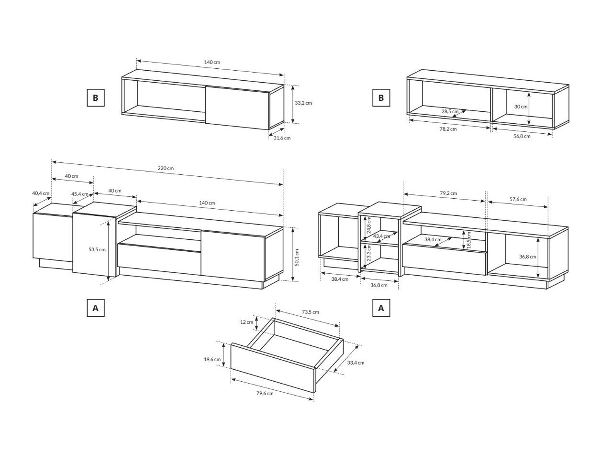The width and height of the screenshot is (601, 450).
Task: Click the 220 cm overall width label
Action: pyautogui.click(x=166, y=168)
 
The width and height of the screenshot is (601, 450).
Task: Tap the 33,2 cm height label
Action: pyautogui.click(x=303, y=103)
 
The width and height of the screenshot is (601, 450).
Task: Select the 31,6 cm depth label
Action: pyautogui.click(x=282, y=138)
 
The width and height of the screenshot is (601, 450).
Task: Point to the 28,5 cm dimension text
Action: pyautogui.click(x=450, y=111)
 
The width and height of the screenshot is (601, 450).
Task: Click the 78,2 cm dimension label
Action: pyautogui.click(x=448, y=129)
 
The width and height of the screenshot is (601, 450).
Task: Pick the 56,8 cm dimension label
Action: pyautogui.click(x=522, y=136)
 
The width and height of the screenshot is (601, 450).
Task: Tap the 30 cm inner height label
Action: pyautogui.click(x=521, y=107)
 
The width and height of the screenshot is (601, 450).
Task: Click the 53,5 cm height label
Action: pyautogui.click(x=97, y=249)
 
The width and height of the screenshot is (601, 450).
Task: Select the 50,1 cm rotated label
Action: pyautogui.click(x=297, y=257)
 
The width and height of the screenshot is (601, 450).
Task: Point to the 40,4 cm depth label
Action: pyautogui.click(x=41, y=193)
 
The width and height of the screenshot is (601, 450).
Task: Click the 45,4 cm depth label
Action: pyautogui.click(x=80, y=194)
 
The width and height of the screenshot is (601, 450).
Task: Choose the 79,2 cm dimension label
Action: pyautogui.click(x=448, y=193)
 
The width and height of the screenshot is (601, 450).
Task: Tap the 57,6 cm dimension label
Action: pyautogui.click(x=518, y=199)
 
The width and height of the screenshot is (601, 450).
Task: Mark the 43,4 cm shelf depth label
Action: pyautogui.click(x=381, y=236)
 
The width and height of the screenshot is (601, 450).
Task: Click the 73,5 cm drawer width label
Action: pyautogui.click(x=310, y=312)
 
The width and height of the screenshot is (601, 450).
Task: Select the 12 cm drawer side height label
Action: pyautogui.click(x=246, y=322)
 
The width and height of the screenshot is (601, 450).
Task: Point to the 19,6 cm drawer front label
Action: pyautogui.click(x=212, y=359)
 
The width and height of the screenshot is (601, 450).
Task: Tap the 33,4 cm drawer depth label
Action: pyautogui.click(x=356, y=363)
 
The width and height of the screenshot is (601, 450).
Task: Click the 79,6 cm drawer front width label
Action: pyautogui.click(x=265, y=393)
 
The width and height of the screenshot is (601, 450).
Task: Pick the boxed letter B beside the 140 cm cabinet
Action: pyautogui.click(x=96, y=97)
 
